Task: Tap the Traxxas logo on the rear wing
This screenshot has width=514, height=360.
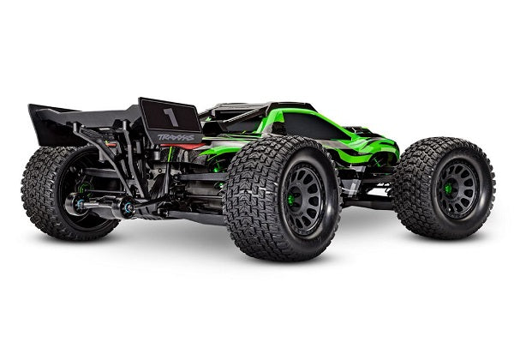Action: [x=177, y=136]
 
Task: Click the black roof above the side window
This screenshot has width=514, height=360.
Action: [x=257, y=111]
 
